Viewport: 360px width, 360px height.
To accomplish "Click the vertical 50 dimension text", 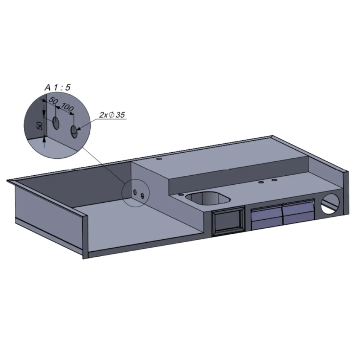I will pyautogui.click(x=40, y=125).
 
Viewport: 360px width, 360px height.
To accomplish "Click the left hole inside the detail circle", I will pyautogui.click(x=56, y=123).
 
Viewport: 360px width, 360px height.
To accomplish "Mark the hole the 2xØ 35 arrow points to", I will pyautogui.click(x=74, y=132).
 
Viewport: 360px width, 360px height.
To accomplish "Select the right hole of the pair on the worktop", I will pyautogui.click(x=274, y=180).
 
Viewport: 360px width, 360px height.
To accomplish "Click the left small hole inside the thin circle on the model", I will pyautogui.click(x=135, y=193).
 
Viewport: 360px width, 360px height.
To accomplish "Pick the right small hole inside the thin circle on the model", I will pyautogui.click(x=143, y=196).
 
